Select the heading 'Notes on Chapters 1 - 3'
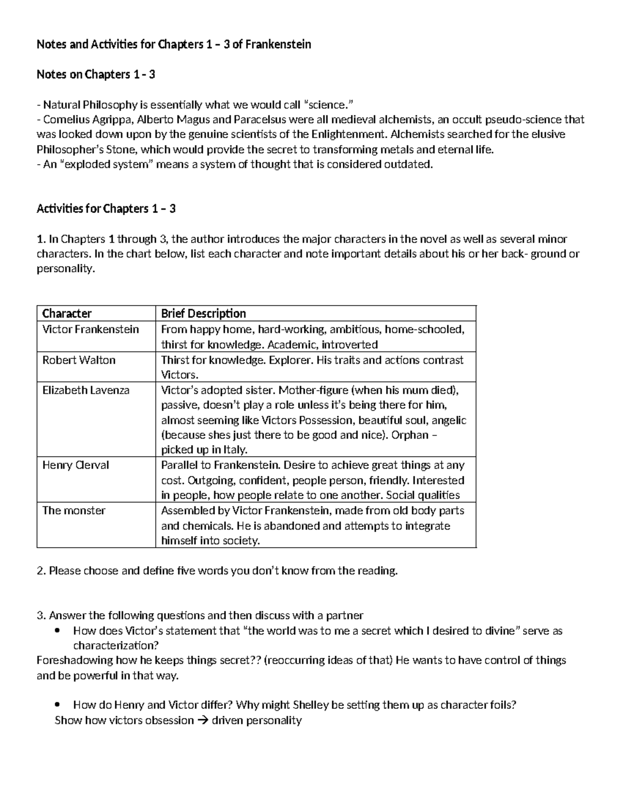point(96,75)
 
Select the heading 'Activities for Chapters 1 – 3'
point(106,209)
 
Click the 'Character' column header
point(67,313)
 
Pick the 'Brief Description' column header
point(203,313)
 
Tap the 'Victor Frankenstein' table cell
point(90,329)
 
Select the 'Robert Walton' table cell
point(79,360)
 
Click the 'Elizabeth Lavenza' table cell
point(86,390)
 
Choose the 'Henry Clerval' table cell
point(75,465)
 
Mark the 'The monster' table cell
point(74,510)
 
